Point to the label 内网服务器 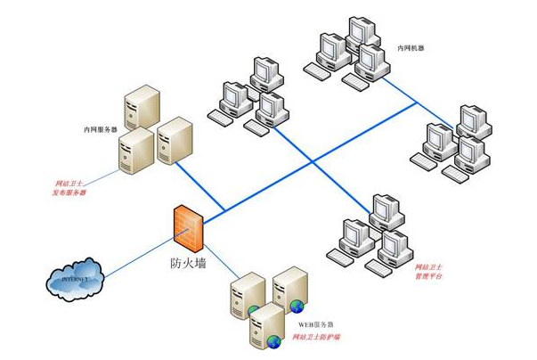tap(101, 129)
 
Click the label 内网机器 tap(411, 47)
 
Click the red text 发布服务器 tap(71, 191)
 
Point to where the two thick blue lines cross tap(307, 160)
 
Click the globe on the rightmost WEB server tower tap(297, 307)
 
